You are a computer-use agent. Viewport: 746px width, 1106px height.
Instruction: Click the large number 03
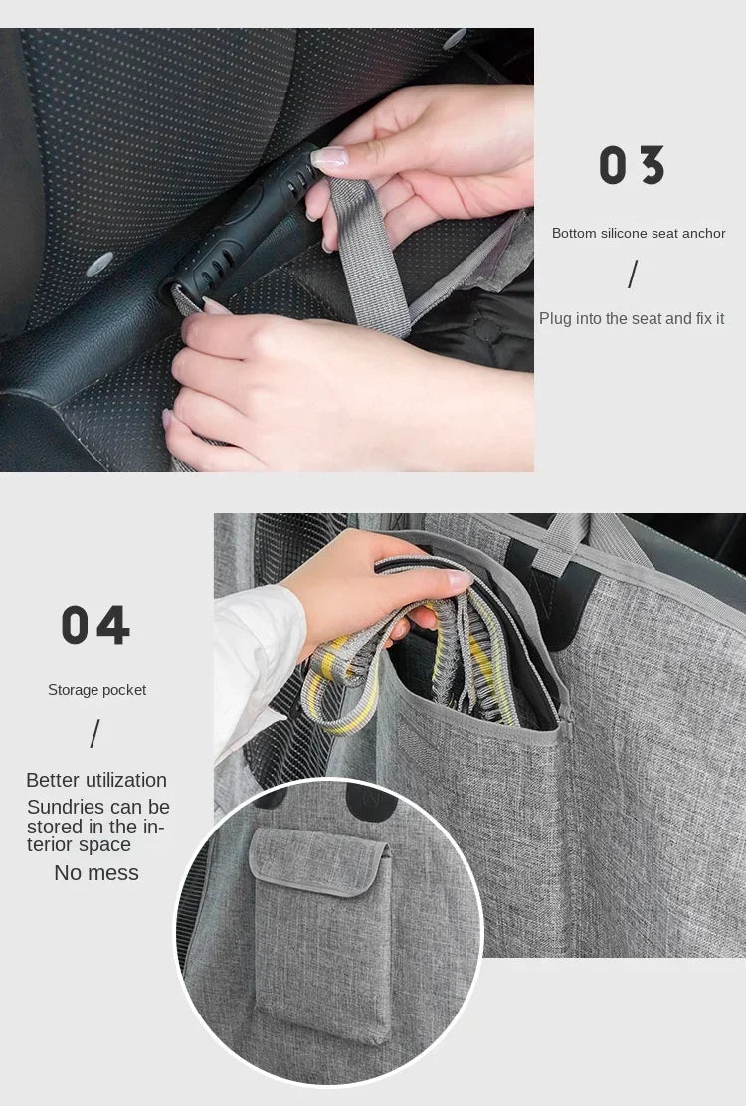point(632,166)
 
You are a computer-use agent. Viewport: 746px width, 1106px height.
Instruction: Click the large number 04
point(95,626)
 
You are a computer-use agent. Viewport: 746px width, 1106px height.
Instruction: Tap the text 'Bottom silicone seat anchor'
point(639,233)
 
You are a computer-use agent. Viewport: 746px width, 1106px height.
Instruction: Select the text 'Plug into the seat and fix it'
point(632,318)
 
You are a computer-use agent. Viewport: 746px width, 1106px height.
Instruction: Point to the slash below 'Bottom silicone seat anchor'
point(633,275)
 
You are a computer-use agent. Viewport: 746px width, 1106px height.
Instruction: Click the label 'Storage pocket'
point(96,690)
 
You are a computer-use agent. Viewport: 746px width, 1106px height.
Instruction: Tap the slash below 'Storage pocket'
point(95,735)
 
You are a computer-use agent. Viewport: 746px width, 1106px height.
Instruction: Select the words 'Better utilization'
point(96,780)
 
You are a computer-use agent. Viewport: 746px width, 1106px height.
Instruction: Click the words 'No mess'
point(96,873)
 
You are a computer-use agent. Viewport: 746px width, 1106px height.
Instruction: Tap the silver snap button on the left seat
point(99,265)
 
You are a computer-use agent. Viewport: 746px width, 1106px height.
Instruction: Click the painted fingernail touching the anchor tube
point(329,156)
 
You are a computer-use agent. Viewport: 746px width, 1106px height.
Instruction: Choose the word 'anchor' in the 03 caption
point(704,233)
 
